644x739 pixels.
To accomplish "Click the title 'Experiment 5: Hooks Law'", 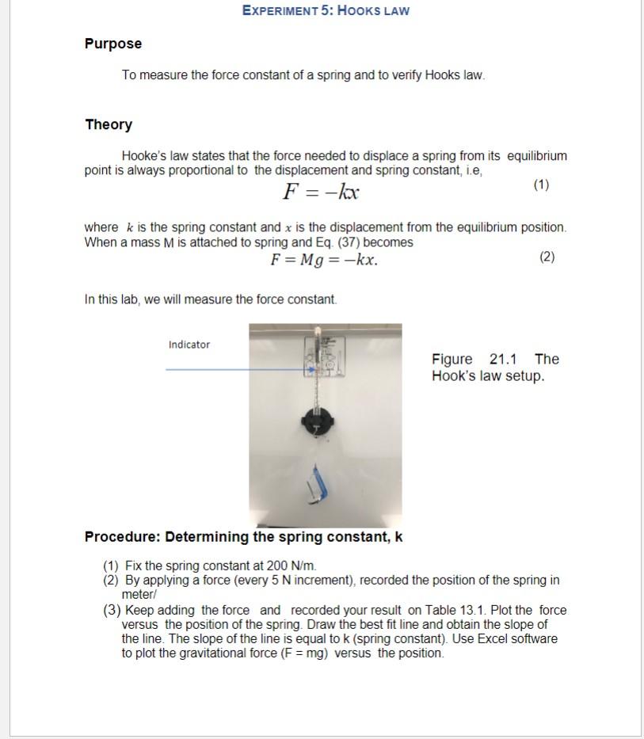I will (326, 10).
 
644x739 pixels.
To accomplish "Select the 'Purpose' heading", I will (113, 44).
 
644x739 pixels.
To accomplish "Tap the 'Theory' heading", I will (109, 124).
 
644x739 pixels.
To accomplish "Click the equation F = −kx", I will (322, 192).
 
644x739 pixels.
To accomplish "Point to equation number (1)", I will (541, 185).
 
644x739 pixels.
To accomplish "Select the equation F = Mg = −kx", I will (324, 260).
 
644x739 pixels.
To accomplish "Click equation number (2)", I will (547, 257).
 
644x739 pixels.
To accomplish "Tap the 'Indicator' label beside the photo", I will (189, 345).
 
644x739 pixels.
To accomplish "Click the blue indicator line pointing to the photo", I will (238, 369).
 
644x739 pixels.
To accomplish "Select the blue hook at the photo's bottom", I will (318, 486).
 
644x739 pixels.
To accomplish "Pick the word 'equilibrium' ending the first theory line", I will (537, 155).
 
